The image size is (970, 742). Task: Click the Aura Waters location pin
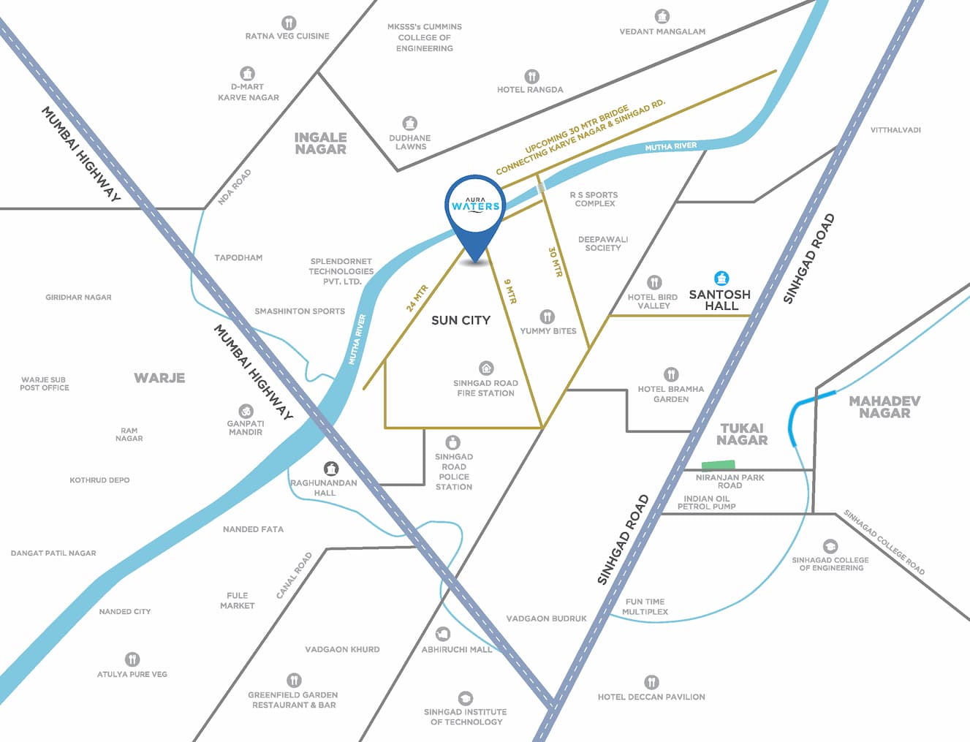pos(475,209)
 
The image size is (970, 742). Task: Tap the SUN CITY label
pos(461,320)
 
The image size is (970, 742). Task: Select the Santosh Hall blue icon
pos(721,279)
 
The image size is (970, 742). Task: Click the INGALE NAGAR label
pos(320,143)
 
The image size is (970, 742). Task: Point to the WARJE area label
pos(159,378)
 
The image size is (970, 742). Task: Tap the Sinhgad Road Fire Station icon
pos(486,368)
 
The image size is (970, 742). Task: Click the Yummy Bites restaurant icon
pos(547,317)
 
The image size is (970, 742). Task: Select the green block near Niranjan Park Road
pos(718,465)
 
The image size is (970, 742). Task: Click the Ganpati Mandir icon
pos(246,411)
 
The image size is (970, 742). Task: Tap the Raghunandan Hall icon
pos(331,468)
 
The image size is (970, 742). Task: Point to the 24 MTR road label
pos(417,298)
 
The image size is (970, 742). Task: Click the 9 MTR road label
pos(510,291)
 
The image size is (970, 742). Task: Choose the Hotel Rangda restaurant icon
pos(531,76)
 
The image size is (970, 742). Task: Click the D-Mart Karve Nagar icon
pos(247,73)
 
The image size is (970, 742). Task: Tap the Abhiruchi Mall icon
pos(442,634)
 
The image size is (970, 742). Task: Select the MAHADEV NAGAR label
pos(884,407)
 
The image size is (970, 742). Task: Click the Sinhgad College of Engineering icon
pos(830,546)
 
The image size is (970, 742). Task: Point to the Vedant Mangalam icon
pos(662,16)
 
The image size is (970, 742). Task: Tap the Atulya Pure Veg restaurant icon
pos(132,659)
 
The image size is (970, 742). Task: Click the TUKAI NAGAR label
pos(742,434)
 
